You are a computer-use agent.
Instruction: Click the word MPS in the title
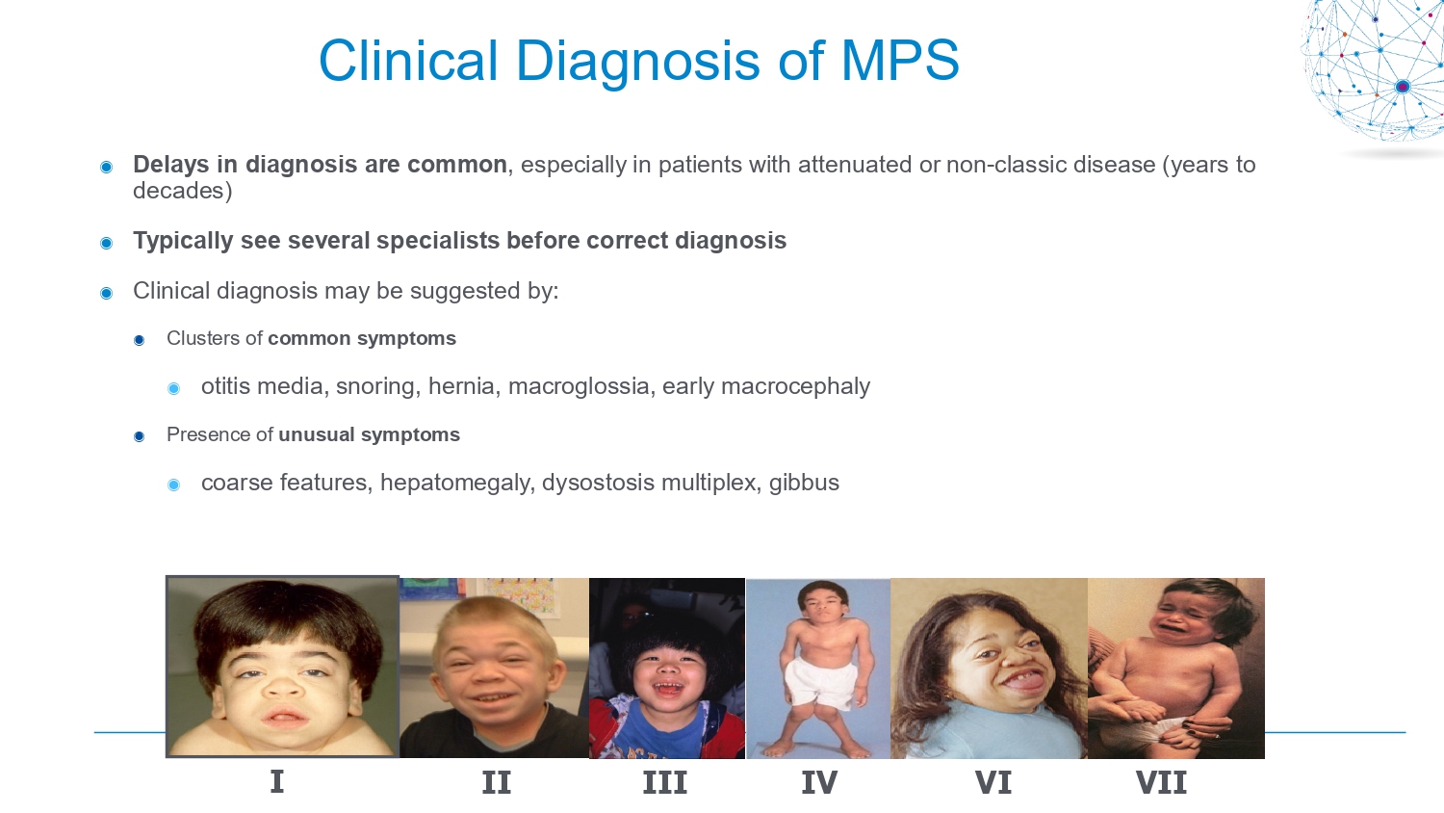tap(900, 60)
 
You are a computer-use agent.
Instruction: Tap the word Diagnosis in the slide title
tap(638, 63)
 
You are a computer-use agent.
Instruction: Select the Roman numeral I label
tap(276, 782)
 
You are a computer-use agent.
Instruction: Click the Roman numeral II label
tap(497, 782)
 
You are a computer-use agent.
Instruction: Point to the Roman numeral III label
tap(665, 782)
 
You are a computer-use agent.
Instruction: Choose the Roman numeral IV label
tap(819, 782)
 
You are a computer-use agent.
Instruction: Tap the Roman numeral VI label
tap(993, 782)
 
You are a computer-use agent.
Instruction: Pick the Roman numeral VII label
tap(1161, 782)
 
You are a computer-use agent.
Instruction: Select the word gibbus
tap(804, 483)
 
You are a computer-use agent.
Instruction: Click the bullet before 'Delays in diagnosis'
tap(106, 168)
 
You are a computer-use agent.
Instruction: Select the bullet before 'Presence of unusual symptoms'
tap(139, 436)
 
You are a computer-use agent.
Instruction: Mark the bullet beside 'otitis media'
tap(173, 388)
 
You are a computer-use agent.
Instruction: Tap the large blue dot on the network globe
tap(1402, 87)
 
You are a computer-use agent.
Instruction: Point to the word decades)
tap(183, 191)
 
